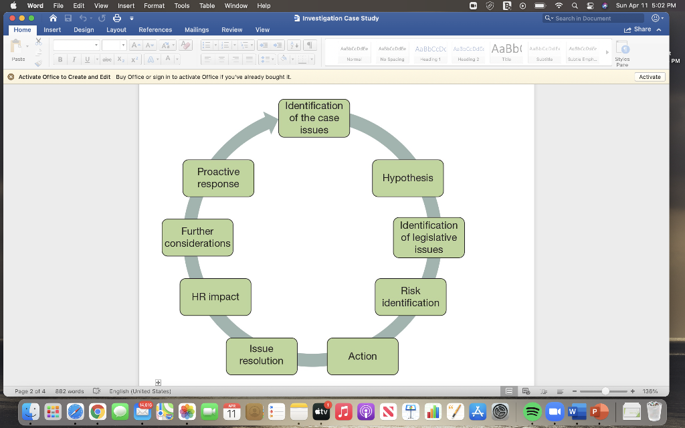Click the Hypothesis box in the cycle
point(407,178)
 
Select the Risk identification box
point(410,297)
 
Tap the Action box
point(363,356)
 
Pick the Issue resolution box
point(261,355)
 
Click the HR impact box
point(215,297)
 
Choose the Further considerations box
point(197,237)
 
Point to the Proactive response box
point(218,178)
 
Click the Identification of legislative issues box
point(428,237)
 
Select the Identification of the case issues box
point(314,118)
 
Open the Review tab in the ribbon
point(232,30)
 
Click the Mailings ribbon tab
point(197,30)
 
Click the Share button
point(638,30)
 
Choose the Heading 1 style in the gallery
point(430,52)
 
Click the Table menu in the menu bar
point(207,6)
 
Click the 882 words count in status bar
point(70,391)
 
